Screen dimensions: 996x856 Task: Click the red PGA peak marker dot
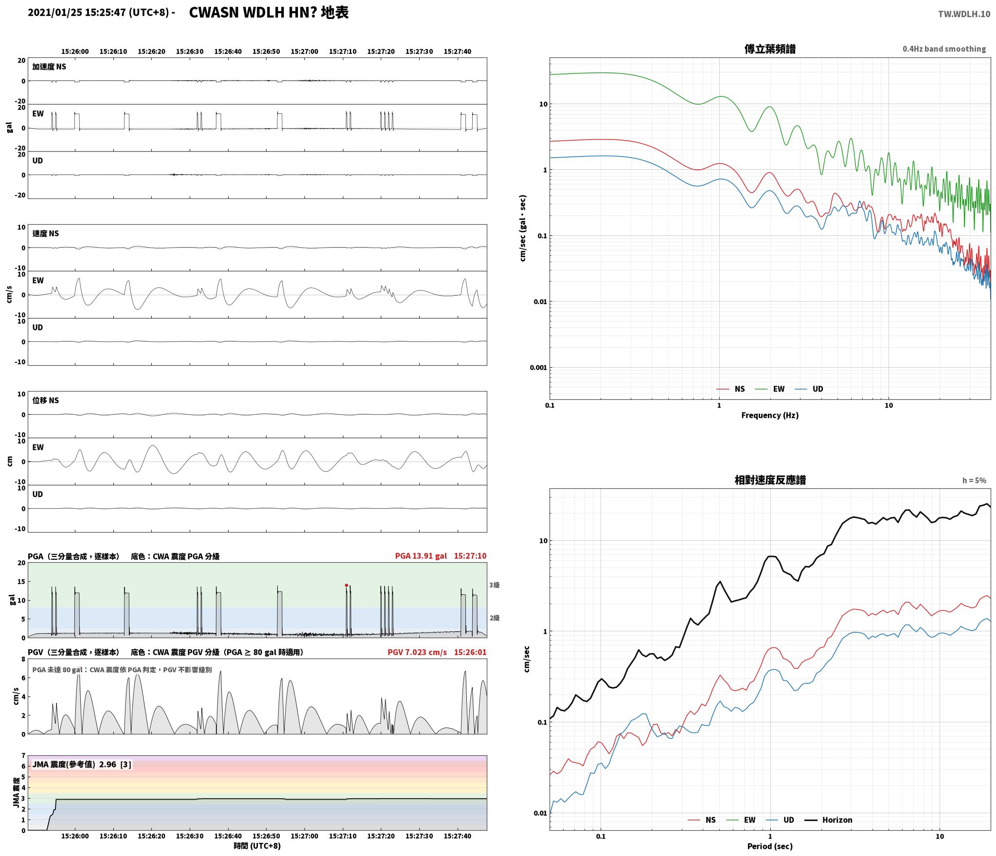click(x=346, y=585)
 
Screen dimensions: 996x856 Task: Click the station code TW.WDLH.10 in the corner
click(x=964, y=14)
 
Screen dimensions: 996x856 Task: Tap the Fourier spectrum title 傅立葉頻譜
click(x=770, y=49)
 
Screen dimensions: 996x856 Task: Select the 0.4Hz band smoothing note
click(x=944, y=49)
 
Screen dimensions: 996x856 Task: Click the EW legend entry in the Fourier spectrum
click(x=769, y=389)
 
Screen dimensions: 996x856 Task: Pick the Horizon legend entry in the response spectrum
click(x=829, y=820)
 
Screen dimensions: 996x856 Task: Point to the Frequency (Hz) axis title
click(x=770, y=415)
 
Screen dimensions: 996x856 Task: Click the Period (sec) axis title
click(x=770, y=846)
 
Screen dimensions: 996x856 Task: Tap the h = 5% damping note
click(x=974, y=481)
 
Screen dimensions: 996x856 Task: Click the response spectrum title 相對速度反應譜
click(x=770, y=480)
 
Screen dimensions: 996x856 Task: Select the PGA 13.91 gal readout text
click(x=421, y=556)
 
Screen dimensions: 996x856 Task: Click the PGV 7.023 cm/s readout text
click(x=417, y=652)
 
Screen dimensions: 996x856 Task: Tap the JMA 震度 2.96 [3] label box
click(x=82, y=765)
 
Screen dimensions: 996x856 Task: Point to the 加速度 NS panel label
click(x=49, y=67)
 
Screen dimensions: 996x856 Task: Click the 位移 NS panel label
click(x=46, y=400)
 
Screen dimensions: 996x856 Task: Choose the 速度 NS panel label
click(x=46, y=233)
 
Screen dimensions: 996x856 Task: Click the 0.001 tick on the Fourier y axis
click(x=538, y=368)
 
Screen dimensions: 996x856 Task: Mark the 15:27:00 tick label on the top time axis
click(x=304, y=52)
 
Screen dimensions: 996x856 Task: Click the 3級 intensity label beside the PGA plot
click(x=495, y=585)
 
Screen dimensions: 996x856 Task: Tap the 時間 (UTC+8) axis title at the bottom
click(x=257, y=846)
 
